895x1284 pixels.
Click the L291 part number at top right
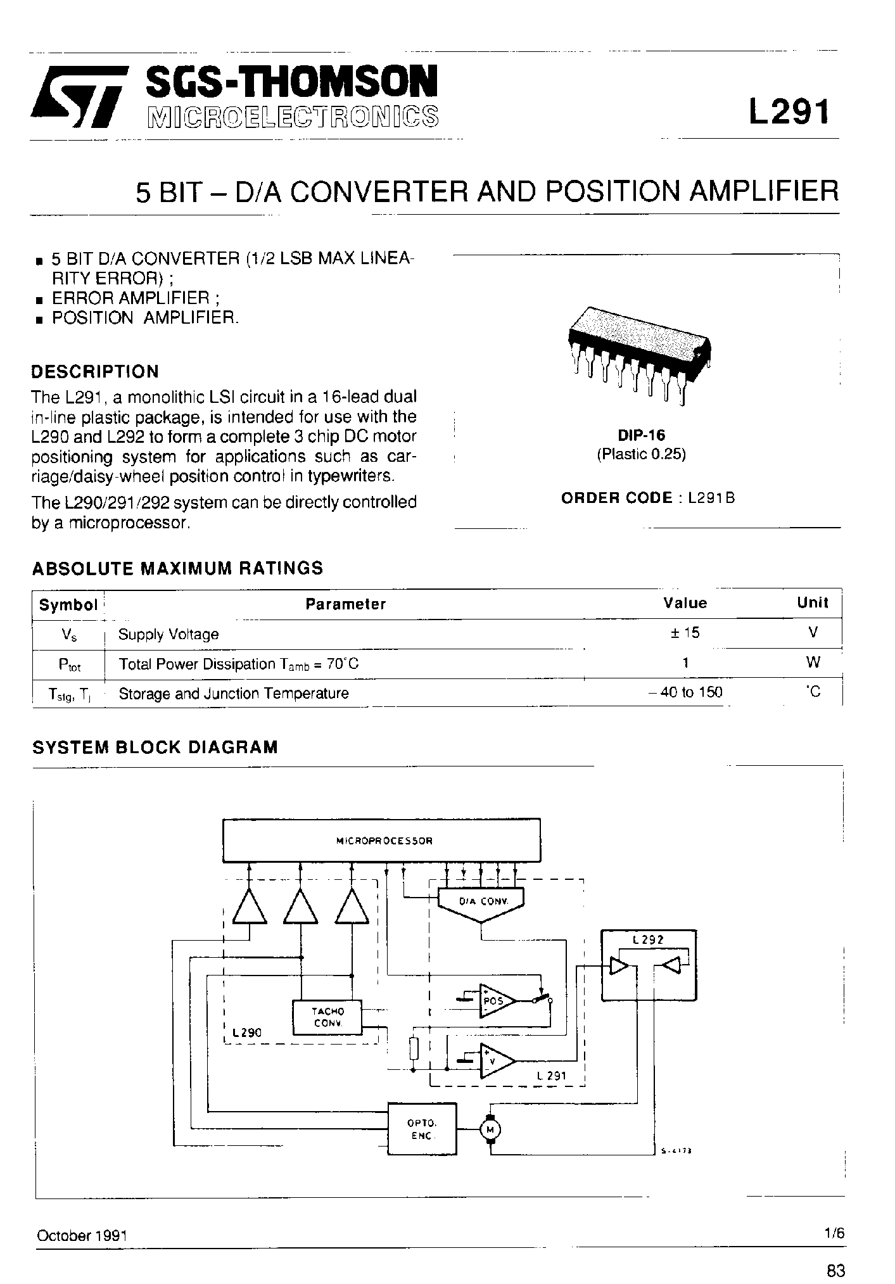click(788, 113)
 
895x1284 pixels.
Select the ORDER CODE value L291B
click(711, 498)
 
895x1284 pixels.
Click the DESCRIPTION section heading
click(95, 371)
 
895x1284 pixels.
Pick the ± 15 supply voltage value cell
click(685, 633)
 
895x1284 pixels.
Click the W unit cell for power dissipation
click(813, 663)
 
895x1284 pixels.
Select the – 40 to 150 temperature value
click(685, 692)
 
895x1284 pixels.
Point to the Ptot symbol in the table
click(68, 664)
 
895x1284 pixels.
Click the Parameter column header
click(345, 604)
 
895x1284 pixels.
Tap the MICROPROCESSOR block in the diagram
click(382, 841)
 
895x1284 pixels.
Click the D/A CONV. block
click(482, 901)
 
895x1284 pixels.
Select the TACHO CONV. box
click(327, 1017)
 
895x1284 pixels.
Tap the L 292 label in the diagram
click(647, 940)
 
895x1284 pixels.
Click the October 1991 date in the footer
click(82, 1236)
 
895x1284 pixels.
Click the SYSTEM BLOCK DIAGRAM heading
click(155, 747)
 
